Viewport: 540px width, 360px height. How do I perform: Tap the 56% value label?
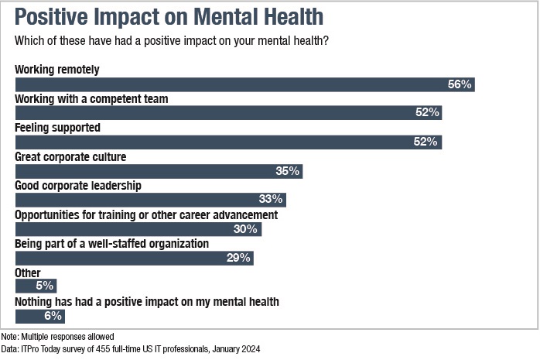pyautogui.click(x=460, y=84)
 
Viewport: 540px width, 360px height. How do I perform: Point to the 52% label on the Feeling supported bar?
pyautogui.click(x=427, y=142)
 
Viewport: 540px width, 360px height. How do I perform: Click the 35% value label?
pyautogui.click(x=288, y=171)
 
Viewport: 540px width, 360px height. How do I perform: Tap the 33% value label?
pyautogui.click(x=272, y=200)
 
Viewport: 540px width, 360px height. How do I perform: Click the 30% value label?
pyautogui.click(x=247, y=229)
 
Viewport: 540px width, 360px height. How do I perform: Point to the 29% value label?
pyautogui.click(x=239, y=258)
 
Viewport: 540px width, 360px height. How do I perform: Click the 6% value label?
pyautogui.click(x=52, y=316)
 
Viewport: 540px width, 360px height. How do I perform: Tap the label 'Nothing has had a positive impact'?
pyautogui.click(x=147, y=301)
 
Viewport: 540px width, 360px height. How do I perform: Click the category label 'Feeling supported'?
pyautogui.click(x=58, y=128)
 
